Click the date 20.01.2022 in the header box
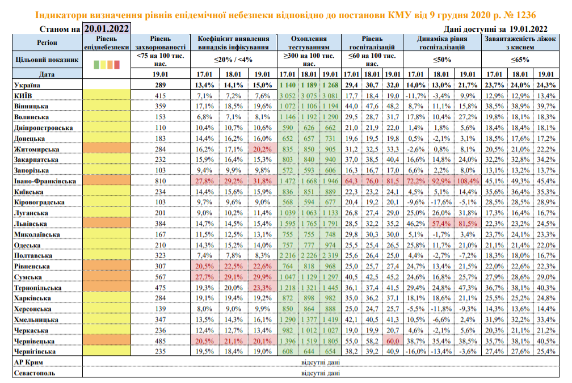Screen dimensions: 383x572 point(106,28)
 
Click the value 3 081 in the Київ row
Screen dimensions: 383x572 point(329,95)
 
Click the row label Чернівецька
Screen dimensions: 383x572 point(33,341)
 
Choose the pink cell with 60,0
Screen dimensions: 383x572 point(392,341)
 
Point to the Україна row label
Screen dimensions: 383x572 point(26,84)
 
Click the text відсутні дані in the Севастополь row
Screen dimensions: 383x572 point(321,373)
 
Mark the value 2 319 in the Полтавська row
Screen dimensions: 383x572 point(329,255)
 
